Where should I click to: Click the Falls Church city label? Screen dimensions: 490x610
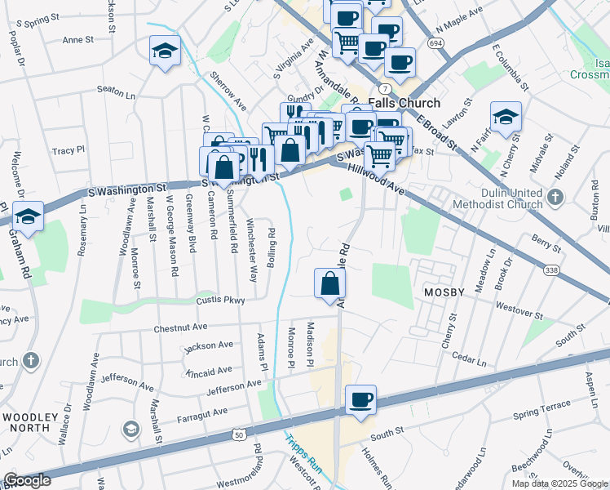404,104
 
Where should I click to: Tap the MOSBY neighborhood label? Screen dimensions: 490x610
442,292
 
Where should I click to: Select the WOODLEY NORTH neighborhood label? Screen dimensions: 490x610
30,423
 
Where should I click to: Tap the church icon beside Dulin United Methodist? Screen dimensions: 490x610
555,197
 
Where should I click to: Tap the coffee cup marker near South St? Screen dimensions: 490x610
360,400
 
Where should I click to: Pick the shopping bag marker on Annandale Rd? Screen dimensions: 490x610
330,284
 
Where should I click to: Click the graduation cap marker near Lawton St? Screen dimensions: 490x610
506,118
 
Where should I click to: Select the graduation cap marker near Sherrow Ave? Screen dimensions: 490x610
165,51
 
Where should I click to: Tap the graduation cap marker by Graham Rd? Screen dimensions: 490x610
29,216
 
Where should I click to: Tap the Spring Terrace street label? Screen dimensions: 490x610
542,406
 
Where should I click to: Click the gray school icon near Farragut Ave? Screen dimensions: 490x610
130,429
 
